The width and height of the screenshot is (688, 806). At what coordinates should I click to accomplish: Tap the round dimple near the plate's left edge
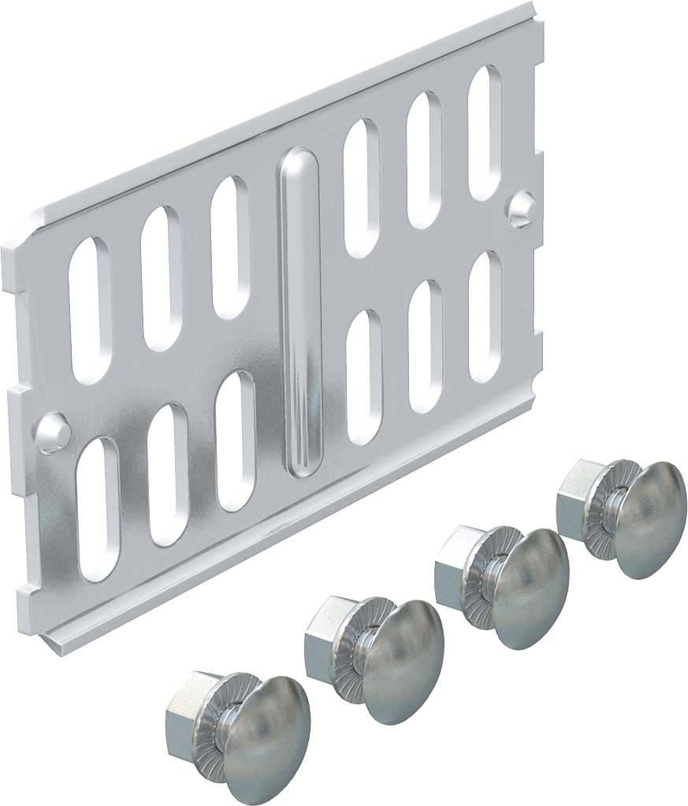pyautogui.click(x=54, y=432)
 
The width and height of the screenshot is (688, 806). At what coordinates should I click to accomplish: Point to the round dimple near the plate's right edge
pyautogui.click(x=519, y=209)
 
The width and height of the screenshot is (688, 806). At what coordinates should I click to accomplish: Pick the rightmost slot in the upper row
pyautogui.click(x=485, y=131)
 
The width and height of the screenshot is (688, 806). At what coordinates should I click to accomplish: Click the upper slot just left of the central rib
pyautogui.click(x=230, y=247)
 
